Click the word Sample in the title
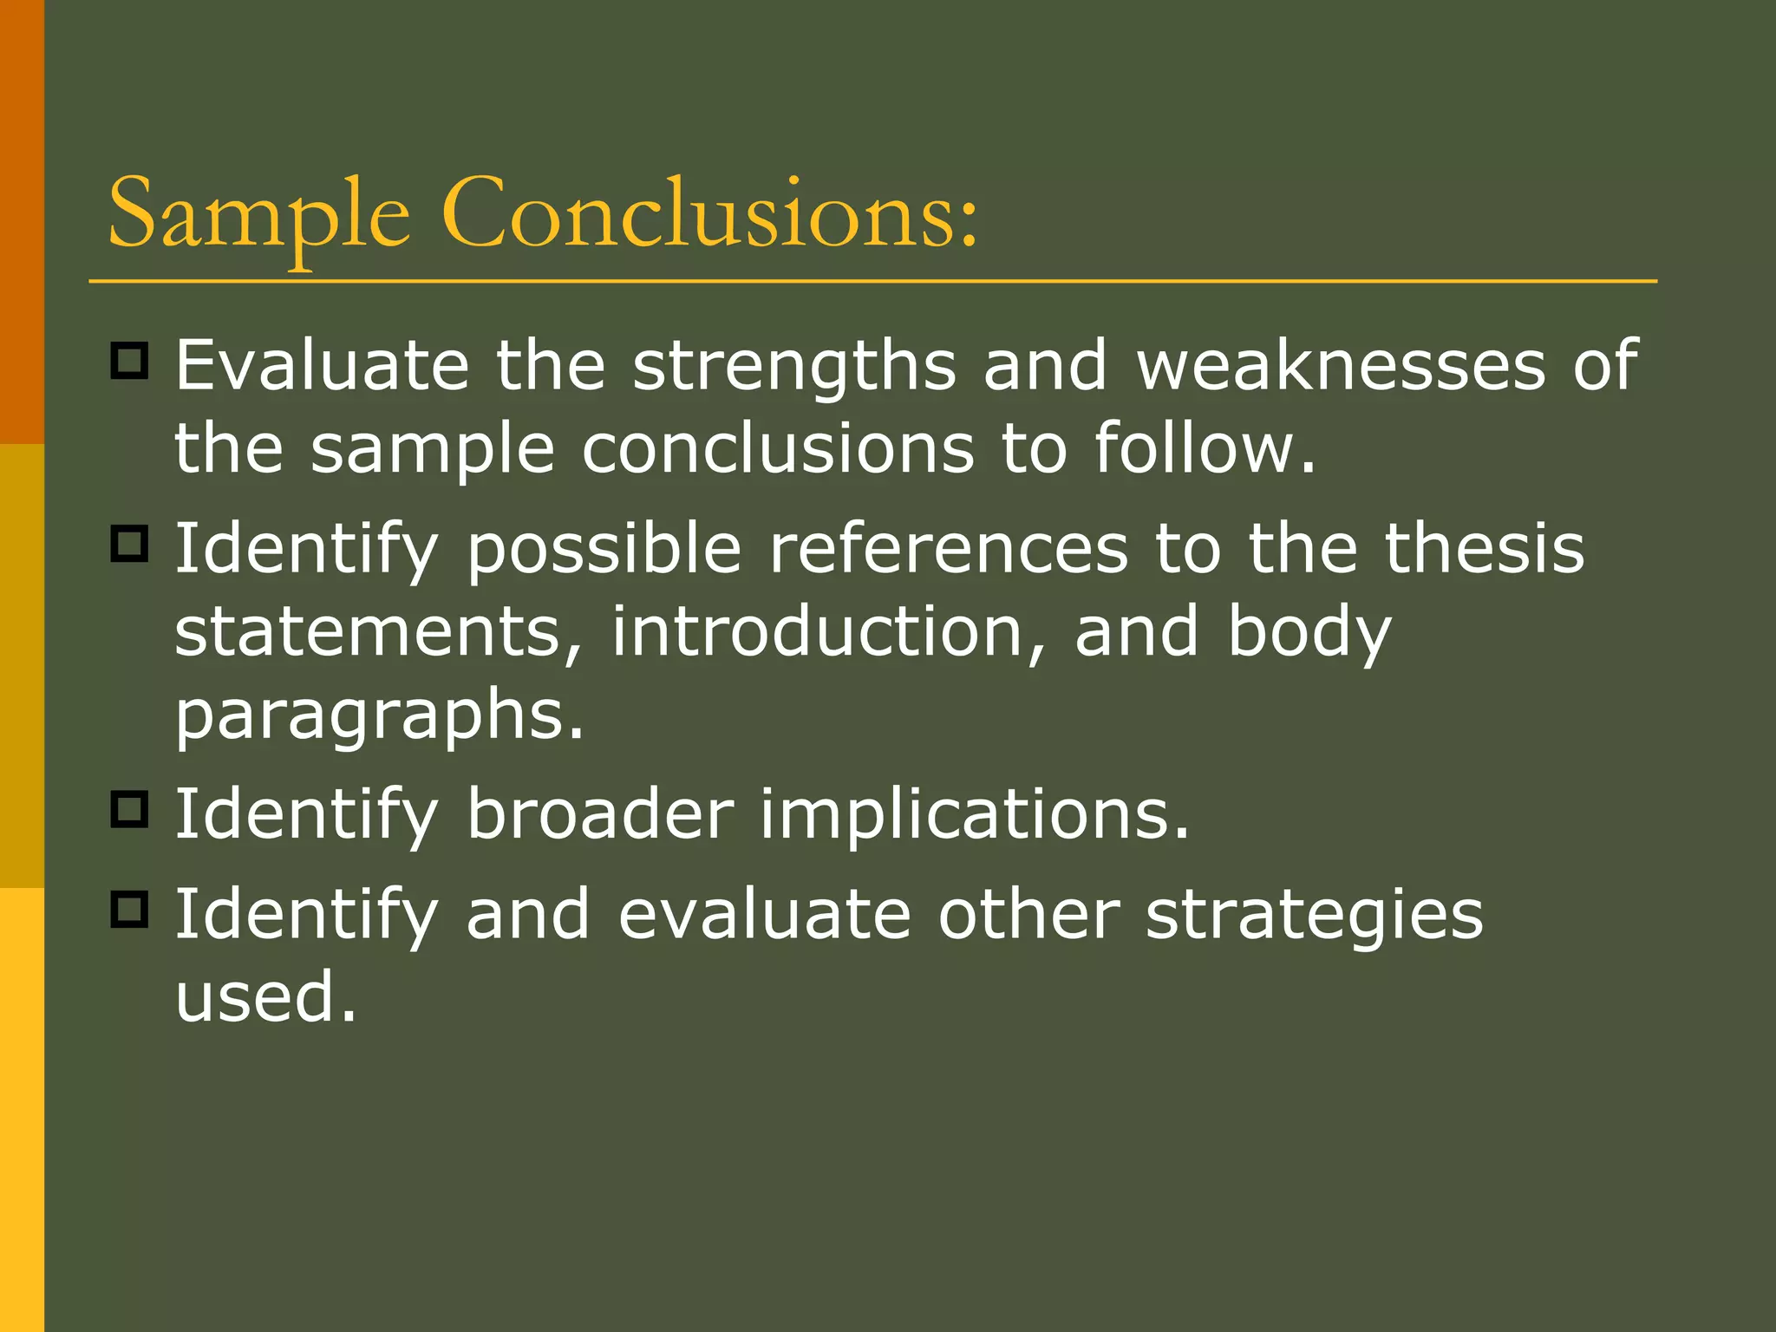(258, 215)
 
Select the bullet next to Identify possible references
(130, 544)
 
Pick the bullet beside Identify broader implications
(130, 809)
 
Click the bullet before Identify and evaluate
(130, 910)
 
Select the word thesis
(1484, 548)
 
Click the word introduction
(817, 631)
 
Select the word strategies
(1314, 916)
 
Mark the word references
(949, 548)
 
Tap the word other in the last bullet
(1028, 914)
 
